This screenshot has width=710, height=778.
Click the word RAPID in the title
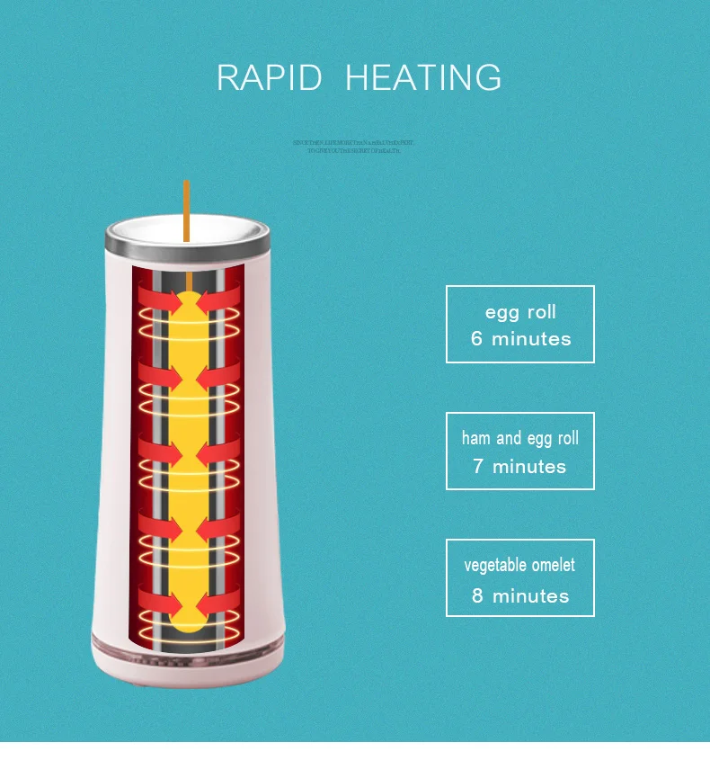(x=269, y=77)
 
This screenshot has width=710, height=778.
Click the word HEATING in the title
(x=423, y=77)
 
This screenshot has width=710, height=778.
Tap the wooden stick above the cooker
(x=186, y=207)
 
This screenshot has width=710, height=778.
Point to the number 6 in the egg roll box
(x=477, y=339)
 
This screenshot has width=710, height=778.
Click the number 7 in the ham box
(x=479, y=467)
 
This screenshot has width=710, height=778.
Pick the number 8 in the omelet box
(x=478, y=595)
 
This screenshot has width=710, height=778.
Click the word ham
(x=476, y=439)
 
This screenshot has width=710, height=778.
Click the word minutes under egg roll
(x=531, y=339)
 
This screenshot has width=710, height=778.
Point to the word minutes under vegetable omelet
(x=531, y=595)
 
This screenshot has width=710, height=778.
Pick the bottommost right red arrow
(x=218, y=600)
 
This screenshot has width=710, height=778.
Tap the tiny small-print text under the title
(x=354, y=147)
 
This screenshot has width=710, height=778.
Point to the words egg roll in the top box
(x=520, y=312)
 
